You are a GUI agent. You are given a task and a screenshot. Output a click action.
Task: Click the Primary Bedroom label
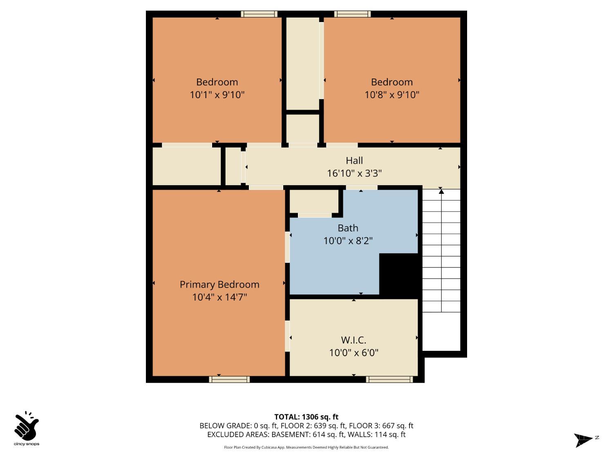pos(219,285)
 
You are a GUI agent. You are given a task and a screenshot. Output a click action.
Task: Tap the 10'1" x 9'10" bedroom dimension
pos(217,95)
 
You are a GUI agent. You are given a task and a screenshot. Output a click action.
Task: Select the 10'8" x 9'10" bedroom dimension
pos(392,95)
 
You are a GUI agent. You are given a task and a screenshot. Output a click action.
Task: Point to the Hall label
pos(354,161)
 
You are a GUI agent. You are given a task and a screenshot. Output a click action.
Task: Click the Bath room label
pos(348,228)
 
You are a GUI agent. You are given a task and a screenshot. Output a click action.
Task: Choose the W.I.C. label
pos(353,340)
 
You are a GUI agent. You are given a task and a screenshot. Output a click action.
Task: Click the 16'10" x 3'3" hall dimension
pos(354,173)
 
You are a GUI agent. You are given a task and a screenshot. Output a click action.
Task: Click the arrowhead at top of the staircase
pos(441,191)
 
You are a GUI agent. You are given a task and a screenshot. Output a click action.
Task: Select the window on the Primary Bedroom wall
pos(229,379)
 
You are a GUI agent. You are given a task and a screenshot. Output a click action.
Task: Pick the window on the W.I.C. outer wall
pos(389,379)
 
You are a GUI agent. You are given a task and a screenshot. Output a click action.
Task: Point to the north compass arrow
pos(584,440)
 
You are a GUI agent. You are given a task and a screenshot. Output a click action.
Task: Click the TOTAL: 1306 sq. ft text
pos(306,417)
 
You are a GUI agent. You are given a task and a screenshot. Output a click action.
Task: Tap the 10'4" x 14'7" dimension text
pos(219,297)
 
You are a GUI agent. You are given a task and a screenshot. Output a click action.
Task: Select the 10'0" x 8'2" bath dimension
pos(348,241)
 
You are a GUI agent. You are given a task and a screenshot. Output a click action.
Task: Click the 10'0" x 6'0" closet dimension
pos(353,352)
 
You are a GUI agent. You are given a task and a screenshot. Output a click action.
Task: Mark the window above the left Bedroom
pos(259,14)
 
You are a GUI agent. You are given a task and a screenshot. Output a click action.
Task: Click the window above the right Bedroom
pos(352,14)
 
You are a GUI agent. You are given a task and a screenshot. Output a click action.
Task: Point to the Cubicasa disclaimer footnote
pos(306,447)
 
